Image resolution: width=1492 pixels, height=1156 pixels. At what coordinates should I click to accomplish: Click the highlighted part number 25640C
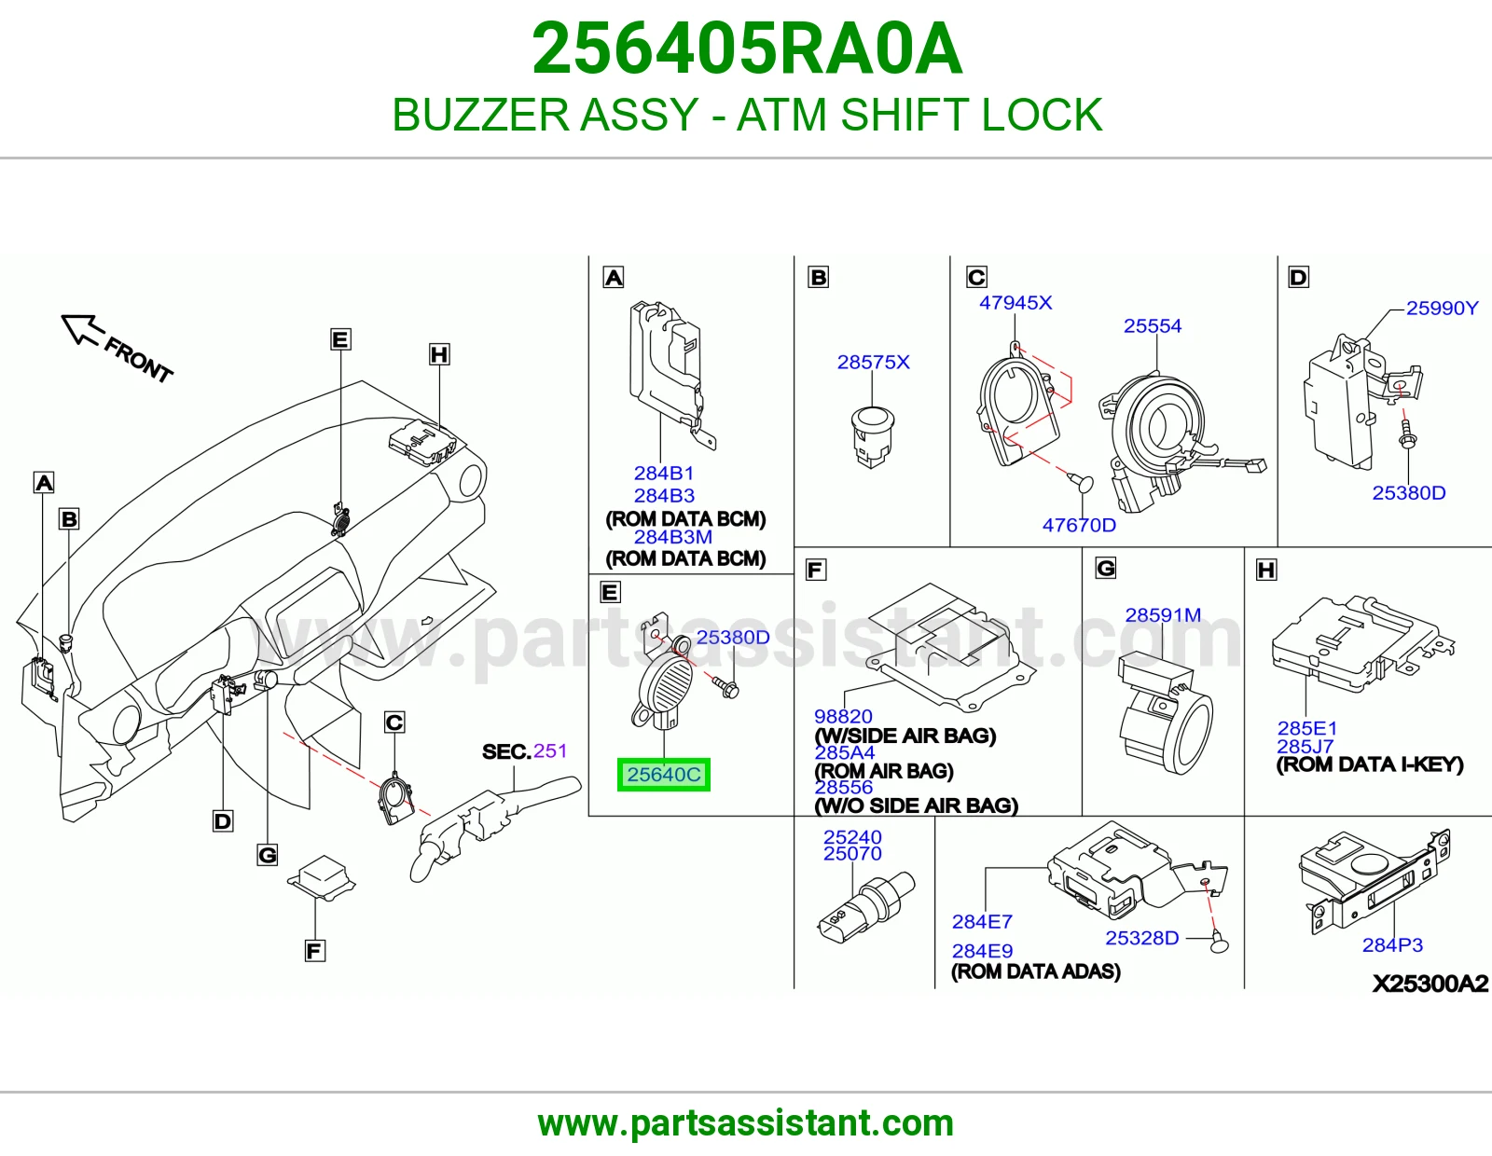663,775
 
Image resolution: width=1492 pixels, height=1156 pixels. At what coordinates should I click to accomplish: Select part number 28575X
873,362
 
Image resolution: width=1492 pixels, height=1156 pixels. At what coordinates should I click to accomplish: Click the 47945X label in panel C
1015,303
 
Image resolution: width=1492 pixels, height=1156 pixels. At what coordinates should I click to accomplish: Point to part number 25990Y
1442,309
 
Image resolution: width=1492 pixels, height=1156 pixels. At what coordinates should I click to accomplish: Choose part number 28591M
1163,615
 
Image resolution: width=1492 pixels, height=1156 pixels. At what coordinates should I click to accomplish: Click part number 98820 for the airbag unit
843,716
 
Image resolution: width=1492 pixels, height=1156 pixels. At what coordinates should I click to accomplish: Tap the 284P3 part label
1391,945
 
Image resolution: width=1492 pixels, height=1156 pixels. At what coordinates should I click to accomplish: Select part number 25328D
1141,938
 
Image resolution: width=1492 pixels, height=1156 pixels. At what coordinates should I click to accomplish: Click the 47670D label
1079,525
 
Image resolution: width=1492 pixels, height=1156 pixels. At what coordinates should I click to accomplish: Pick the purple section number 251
550,750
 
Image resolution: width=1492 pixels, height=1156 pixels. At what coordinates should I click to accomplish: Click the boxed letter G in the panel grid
1105,569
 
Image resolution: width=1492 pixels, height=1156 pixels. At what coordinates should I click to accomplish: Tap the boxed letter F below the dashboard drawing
314,951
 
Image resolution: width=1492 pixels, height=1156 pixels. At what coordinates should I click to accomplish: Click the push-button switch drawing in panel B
872,437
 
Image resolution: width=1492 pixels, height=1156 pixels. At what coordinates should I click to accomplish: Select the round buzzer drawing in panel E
664,685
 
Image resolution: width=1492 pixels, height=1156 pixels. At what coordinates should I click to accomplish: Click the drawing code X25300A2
1430,984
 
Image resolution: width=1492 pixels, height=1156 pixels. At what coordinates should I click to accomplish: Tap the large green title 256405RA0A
747,48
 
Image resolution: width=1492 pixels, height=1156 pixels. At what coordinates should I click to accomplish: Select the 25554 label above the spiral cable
1153,326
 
